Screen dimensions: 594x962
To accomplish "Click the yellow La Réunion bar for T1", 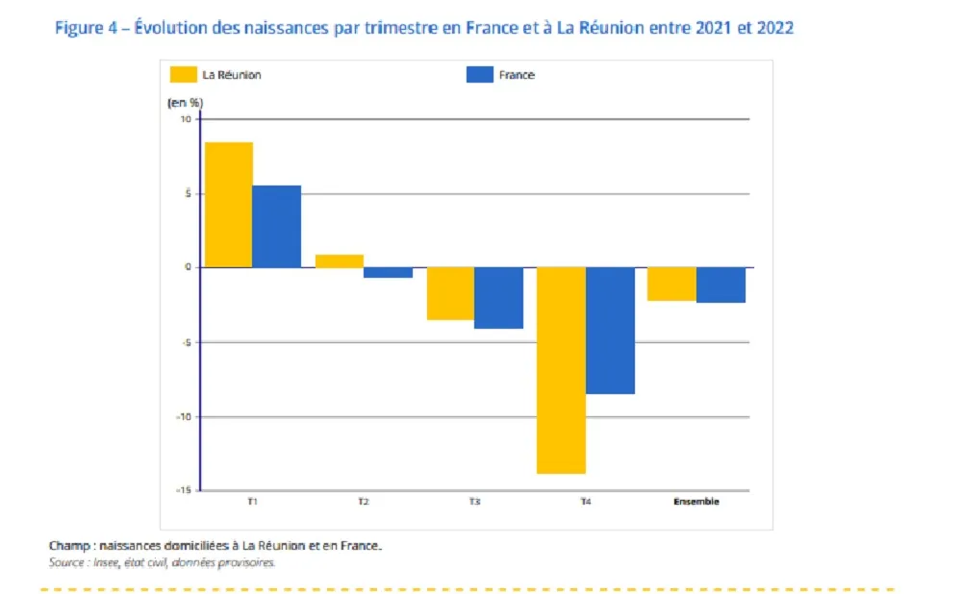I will [229, 205].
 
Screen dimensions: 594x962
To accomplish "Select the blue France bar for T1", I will [277, 226].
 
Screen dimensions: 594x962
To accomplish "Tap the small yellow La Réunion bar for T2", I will [340, 260].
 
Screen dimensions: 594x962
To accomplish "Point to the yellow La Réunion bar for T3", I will [450, 293].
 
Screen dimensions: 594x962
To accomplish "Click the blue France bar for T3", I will [498, 298].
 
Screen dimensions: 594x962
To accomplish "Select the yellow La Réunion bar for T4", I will [561, 370].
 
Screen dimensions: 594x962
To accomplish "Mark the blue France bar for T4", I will [610, 331].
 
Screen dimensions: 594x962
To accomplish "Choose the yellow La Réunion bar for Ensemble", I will [671, 284].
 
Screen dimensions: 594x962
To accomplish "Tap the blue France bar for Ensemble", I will [721, 285].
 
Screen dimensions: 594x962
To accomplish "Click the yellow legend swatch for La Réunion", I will [184, 74].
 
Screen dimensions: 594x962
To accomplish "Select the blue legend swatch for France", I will [479, 74].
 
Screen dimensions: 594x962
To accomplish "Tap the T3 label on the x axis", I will [474, 502].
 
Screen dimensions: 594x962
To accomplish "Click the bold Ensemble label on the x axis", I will [696, 502].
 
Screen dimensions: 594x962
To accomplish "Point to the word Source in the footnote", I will [65, 563].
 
